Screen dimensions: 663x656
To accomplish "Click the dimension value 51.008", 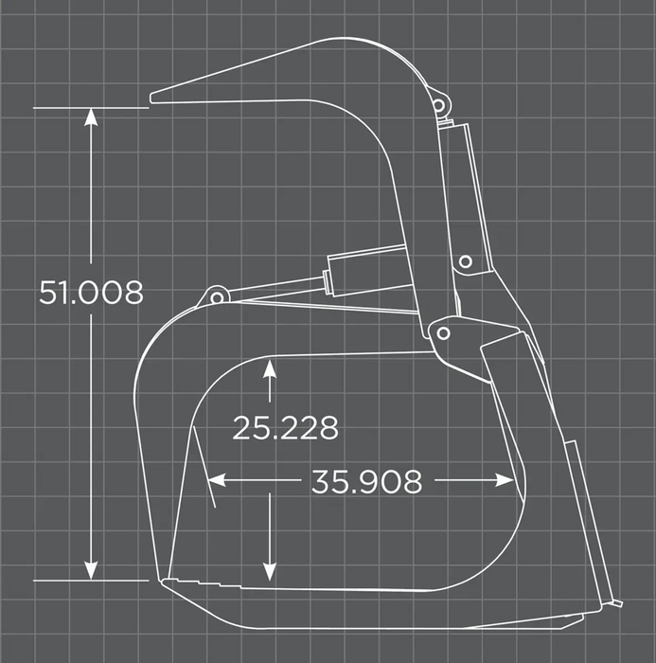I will tap(91, 293).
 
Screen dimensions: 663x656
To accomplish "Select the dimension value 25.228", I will tap(285, 428).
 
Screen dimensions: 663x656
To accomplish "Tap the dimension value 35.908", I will tap(366, 481).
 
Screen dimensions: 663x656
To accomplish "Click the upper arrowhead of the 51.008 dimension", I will tap(91, 116).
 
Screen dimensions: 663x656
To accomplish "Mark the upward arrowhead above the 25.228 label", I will tap(270, 369).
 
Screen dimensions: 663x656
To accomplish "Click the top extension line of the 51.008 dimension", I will tap(91, 108).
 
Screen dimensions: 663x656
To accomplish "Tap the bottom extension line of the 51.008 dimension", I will tap(91, 580).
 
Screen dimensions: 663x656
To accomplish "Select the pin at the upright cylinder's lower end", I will tap(465, 261).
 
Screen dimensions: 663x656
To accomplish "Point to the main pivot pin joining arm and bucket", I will tap(442, 332).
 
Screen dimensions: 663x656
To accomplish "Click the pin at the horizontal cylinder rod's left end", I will tap(217, 297).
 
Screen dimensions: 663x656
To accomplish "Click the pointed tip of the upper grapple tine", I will tap(153, 97).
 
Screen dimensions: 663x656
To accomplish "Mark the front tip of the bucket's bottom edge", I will tap(164, 581).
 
